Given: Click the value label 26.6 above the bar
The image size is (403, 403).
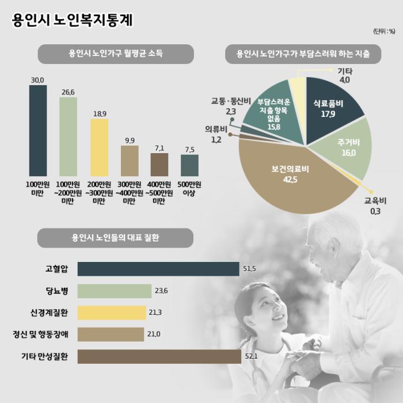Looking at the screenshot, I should click(x=68, y=92).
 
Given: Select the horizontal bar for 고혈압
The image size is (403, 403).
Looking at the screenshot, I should click(x=158, y=269).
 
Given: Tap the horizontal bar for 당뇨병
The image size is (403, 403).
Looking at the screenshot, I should click(x=114, y=291).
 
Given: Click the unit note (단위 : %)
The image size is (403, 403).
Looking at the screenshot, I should click(x=384, y=31).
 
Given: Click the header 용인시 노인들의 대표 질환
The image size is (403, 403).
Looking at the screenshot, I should click(x=115, y=237).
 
